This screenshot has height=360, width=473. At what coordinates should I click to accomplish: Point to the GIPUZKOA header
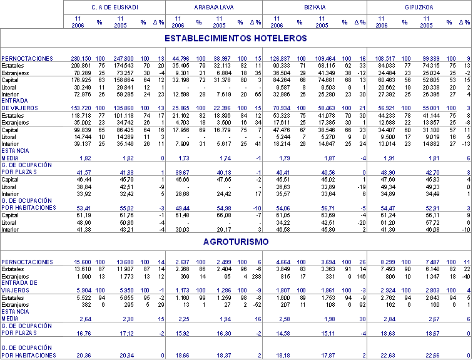[x=419, y=7]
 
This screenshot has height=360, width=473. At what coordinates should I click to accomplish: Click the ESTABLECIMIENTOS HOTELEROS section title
[x=235, y=38]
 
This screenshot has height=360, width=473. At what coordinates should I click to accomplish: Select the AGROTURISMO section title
[x=235, y=240]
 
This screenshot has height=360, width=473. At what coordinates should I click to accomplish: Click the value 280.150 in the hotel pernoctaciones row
[x=81, y=58]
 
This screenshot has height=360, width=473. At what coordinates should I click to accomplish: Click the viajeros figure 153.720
[x=81, y=108]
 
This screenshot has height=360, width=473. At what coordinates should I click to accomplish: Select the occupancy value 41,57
[x=83, y=172]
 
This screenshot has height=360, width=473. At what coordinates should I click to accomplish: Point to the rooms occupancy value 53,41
[x=83, y=207]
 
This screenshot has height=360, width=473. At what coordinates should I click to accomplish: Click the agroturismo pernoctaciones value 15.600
[x=82, y=261]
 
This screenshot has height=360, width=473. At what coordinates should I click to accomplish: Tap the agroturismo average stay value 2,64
[x=85, y=300]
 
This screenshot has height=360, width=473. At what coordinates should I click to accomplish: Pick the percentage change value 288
[x=257, y=276]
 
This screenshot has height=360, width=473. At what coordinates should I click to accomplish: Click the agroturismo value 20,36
[x=83, y=355]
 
